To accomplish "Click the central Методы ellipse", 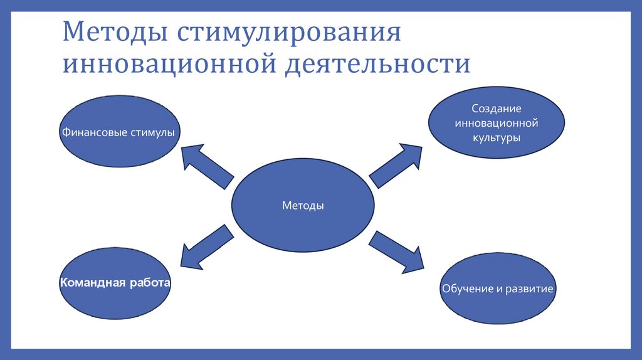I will (303, 205).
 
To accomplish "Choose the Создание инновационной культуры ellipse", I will (497, 122).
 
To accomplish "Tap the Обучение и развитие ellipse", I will (498, 289).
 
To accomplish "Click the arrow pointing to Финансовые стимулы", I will (206, 166).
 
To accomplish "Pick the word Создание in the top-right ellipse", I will (497, 109).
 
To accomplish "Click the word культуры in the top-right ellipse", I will (497, 137).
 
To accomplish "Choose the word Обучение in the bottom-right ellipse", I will (463, 289).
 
